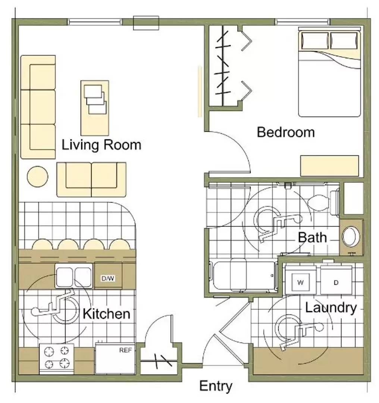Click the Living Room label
(x=101, y=145)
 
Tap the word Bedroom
(x=286, y=132)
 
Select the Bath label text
(x=312, y=237)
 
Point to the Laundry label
(x=331, y=308)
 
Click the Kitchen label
(x=106, y=314)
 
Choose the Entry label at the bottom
(x=216, y=386)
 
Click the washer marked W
(x=300, y=280)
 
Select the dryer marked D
(x=336, y=280)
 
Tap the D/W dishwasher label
(x=108, y=278)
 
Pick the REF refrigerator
(x=115, y=358)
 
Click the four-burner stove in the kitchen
(x=57, y=358)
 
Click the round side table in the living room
(x=38, y=176)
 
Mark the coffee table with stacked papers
(x=95, y=108)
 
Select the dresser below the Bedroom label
(x=329, y=166)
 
